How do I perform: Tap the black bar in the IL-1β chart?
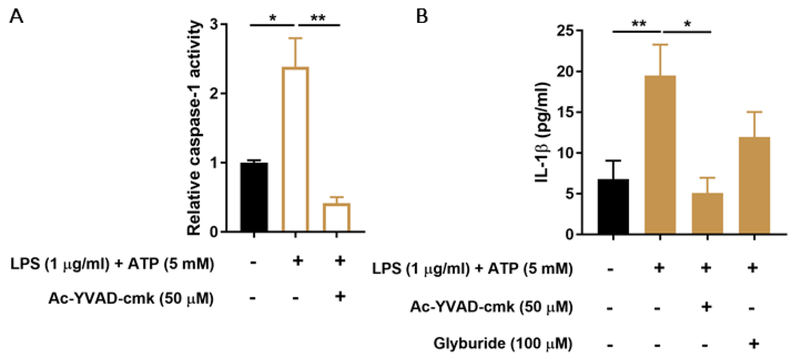(613, 207)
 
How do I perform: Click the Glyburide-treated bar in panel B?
(754, 186)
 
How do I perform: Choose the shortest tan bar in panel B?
(707, 214)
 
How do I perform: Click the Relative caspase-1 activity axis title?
(194, 128)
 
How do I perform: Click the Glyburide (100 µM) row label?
(503, 343)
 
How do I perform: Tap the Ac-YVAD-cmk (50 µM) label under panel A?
(131, 298)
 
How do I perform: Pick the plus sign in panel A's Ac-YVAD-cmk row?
(340, 297)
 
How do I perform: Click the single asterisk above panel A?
(272, 18)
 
